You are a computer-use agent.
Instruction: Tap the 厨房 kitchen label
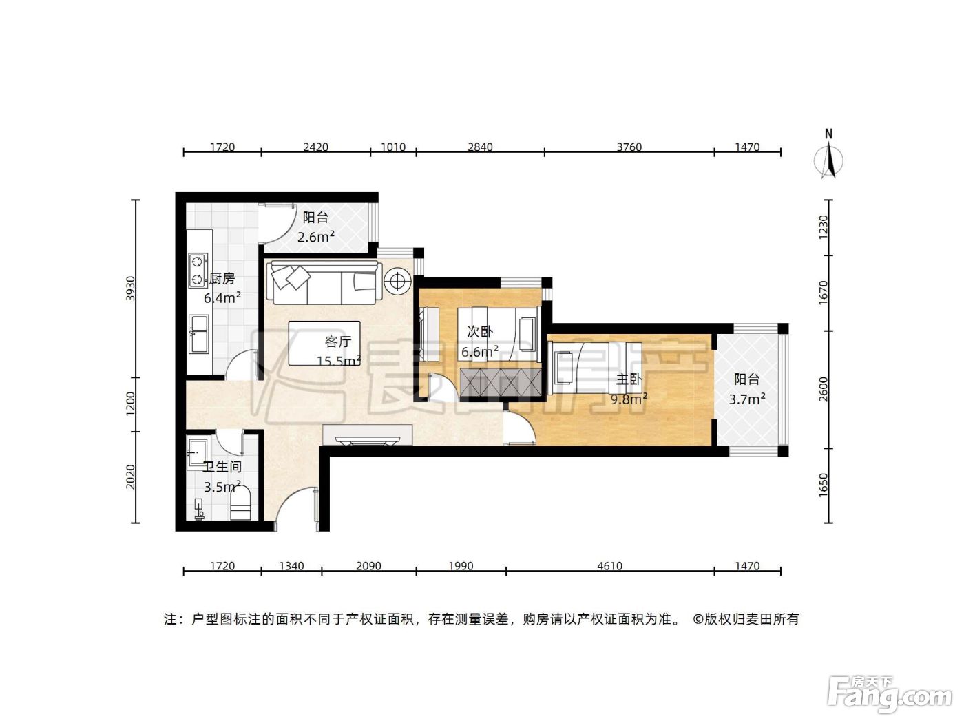coord(222,278)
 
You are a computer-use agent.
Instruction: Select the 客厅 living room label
coord(338,341)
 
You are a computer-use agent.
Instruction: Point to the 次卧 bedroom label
coord(479,331)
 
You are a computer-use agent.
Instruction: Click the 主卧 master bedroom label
coord(629,379)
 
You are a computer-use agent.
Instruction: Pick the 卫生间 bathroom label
coord(222,466)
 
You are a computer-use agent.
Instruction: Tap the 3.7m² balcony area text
coord(747,399)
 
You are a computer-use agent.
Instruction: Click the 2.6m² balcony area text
coord(316,237)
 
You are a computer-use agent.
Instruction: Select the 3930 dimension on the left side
coord(130,289)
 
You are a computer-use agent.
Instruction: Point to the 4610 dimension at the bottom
coord(609,566)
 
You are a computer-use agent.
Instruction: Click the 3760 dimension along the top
coord(629,147)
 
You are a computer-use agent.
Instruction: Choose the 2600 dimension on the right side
coord(823,389)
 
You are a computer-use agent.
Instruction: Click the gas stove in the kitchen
coord(198,271)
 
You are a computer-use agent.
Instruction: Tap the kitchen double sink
coord(198,334)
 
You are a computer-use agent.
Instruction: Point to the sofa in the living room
coord(324,283)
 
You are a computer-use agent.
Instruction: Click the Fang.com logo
coord(889,695)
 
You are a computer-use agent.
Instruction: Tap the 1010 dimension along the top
coord(392,147)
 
